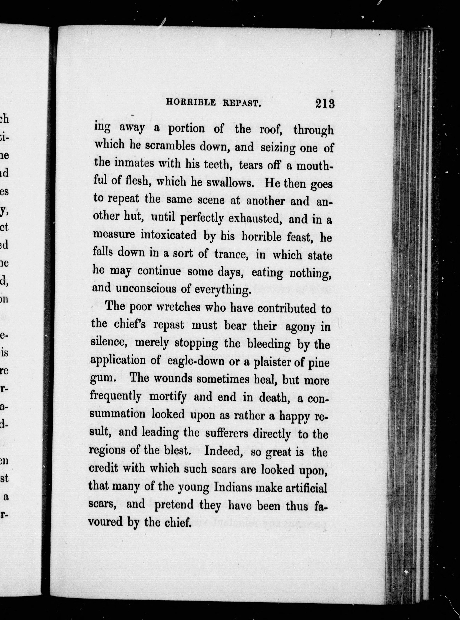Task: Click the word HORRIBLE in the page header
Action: [x=191, y=103]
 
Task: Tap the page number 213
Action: [x=325, y=104]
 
